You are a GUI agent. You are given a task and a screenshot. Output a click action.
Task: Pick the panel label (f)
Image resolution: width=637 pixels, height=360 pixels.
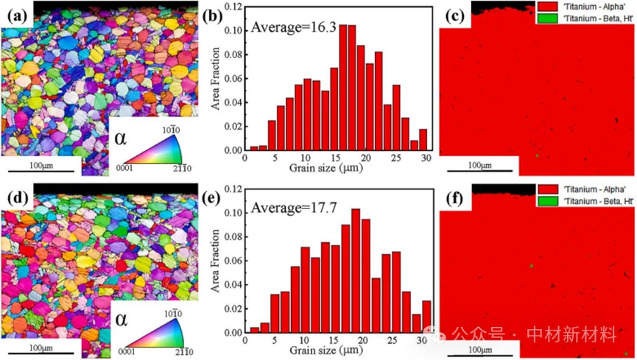click(449, 194)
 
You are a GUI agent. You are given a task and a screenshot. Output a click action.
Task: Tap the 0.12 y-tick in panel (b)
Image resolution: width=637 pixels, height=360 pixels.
click(230, 7)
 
